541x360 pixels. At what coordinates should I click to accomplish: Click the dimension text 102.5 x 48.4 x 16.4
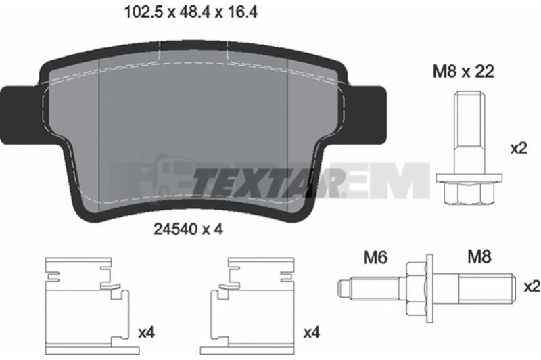191,13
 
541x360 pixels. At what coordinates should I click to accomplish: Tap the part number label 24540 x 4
188,229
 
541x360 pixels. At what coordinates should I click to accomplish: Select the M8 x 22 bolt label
463,72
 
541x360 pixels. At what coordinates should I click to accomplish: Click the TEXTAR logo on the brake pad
269,181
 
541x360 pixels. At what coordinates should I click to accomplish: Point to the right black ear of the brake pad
368,115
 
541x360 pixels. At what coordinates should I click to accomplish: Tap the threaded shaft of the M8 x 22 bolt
468,133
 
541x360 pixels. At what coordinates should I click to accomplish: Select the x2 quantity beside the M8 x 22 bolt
519,149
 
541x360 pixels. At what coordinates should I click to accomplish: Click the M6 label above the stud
376,258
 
